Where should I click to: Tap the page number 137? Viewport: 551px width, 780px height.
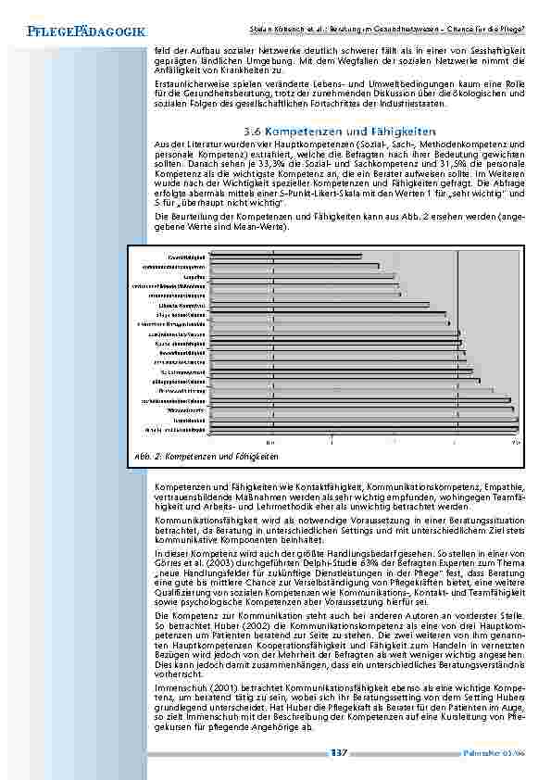pyautogui.click(x=338, y=752)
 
